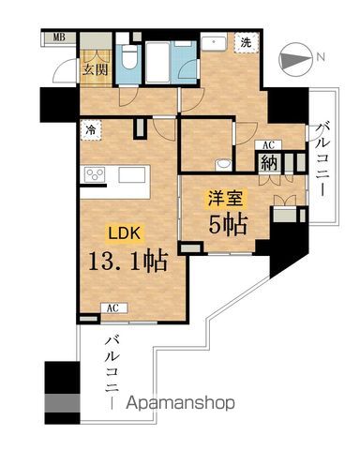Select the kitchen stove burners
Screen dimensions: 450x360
tap(96, 173)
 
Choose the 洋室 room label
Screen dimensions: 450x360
tap(221, 198)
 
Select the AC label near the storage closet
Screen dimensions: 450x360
tap(267, 146)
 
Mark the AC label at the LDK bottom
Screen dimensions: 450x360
tap(112, 307)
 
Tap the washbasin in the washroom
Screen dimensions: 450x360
tap(213, 41)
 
